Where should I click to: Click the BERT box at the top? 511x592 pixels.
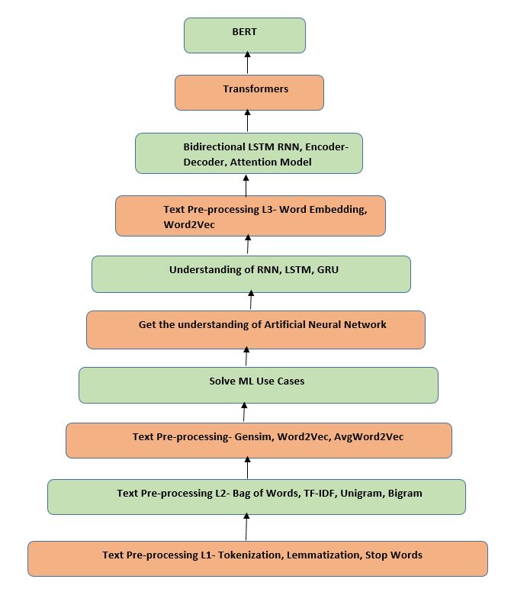click(244, 35)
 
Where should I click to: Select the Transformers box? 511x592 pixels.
click(249, 92)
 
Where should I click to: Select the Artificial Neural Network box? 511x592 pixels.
click(256, 330)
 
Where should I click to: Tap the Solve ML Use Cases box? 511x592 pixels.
click(258, 384)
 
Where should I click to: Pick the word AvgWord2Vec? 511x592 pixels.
click(369, 437)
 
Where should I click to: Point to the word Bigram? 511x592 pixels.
click(404, 494)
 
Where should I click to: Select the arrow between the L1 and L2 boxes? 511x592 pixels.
click(246, 527)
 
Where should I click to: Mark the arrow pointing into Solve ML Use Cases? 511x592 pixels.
click(244, 413)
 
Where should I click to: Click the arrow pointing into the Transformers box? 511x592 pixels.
click(246, 122)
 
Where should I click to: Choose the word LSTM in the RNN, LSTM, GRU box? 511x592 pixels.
click(293, 269)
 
